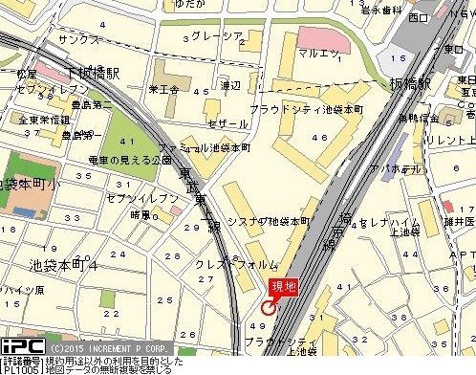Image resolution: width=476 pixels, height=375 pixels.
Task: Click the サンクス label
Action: coord(78,40)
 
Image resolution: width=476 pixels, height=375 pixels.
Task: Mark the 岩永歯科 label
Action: coord(379,11)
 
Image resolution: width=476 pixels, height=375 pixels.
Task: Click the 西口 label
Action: coord(418,16)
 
